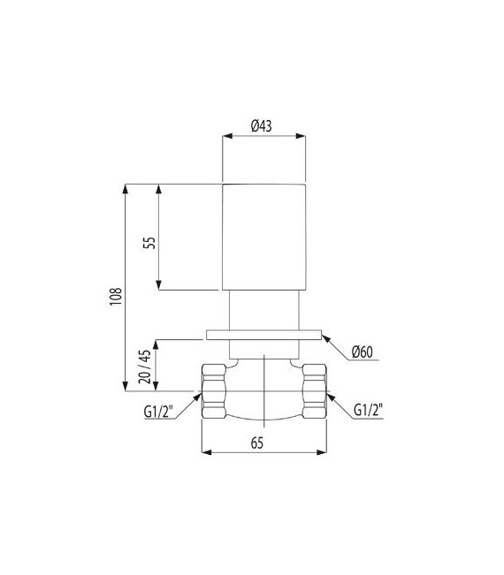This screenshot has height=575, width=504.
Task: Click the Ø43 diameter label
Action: tap(261, 126)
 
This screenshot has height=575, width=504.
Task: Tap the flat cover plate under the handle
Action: tap(263, 335)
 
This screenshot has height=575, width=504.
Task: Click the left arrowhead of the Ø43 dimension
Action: tap(225, 137)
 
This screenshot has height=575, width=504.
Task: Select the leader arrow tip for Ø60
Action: tap(325, 336)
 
